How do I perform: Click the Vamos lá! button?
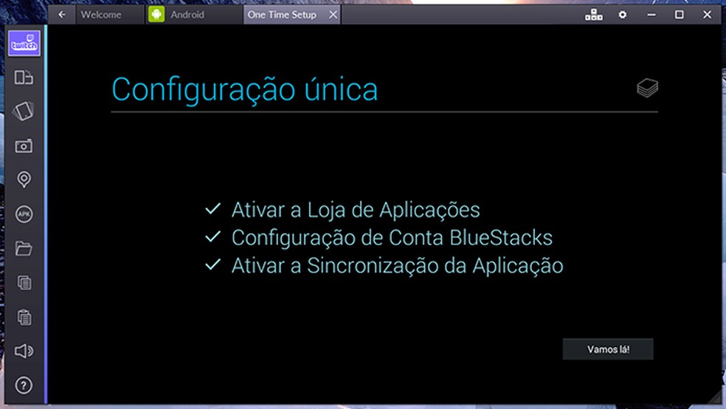point(608,349)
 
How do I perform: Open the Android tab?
point(187,14)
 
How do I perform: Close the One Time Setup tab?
point(333,14)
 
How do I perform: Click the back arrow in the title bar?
point(62,14)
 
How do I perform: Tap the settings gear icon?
point(623,14)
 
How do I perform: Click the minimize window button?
point(651,14)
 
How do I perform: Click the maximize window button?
point(680,14)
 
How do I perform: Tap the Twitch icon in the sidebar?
point(24,44)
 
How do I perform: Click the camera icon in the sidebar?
point(24,145)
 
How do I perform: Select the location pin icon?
point(24,179)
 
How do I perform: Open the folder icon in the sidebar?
point(24,248)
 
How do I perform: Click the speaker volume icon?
point(24,351)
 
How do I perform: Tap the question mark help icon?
point(24,385)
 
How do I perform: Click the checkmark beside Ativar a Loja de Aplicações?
point(213,210)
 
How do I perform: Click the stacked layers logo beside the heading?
point(647,89)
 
